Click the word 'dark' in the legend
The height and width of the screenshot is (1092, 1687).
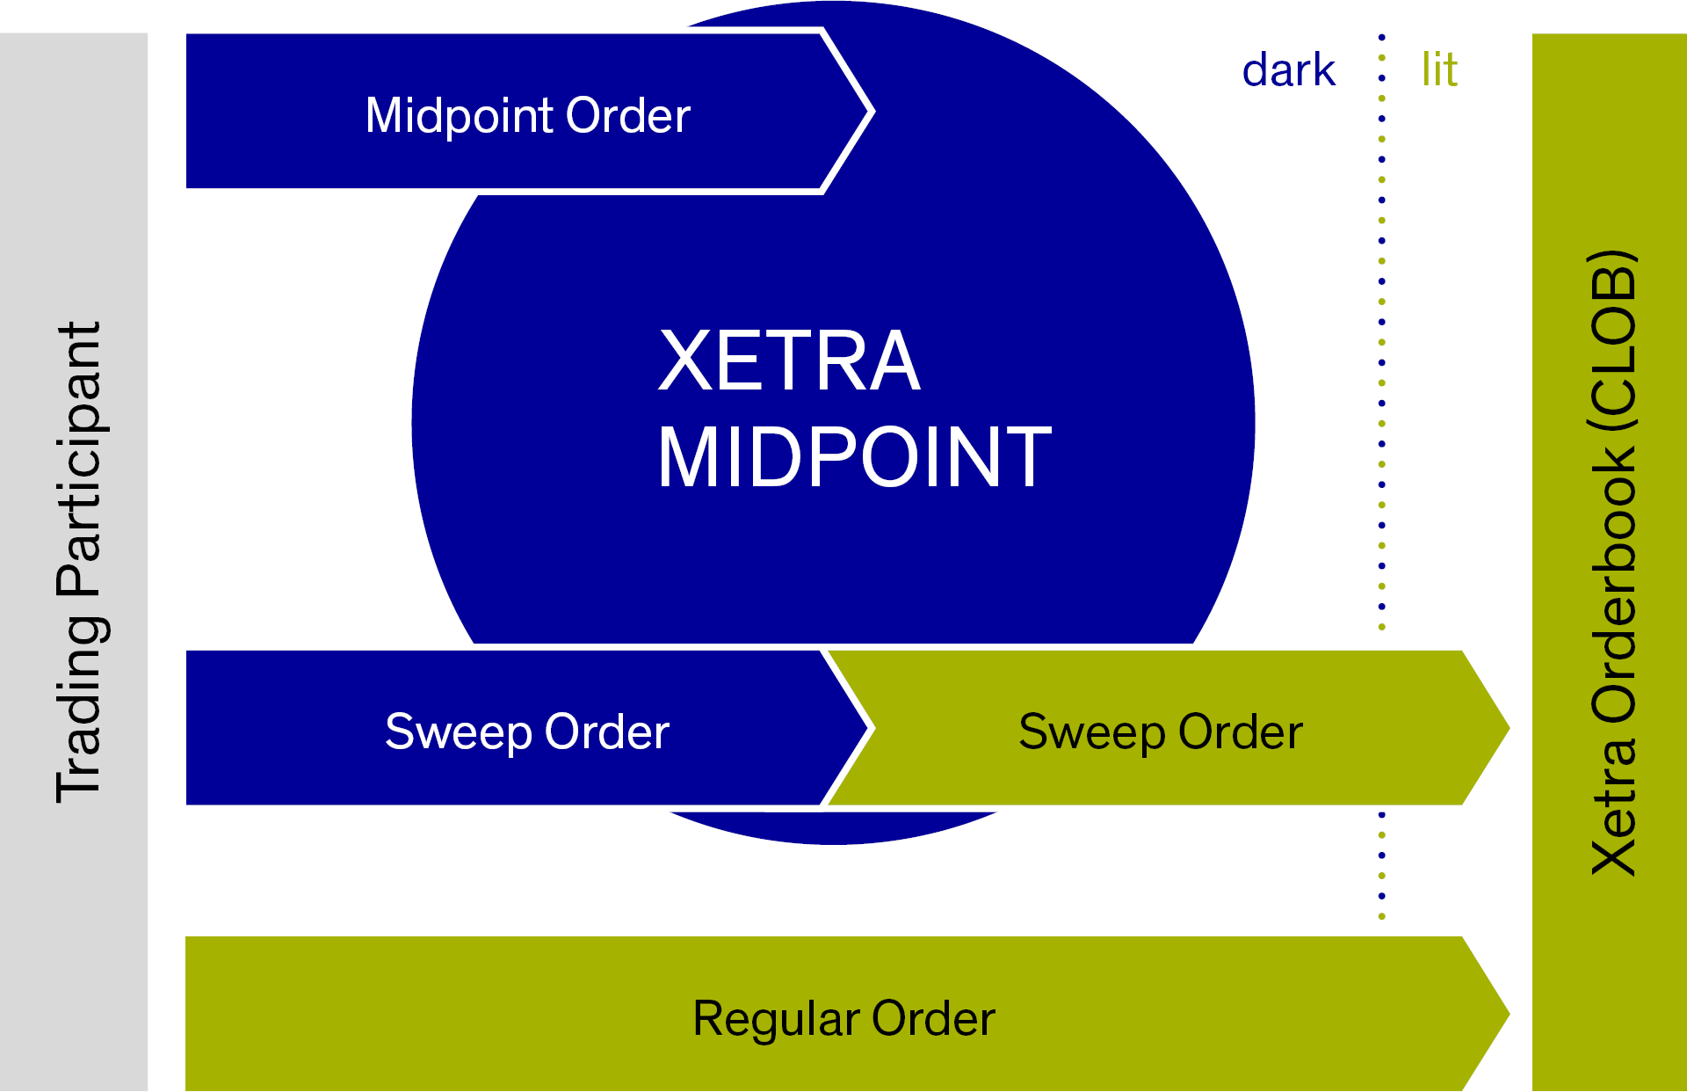[1288, 69]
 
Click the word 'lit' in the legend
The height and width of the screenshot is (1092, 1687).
[1439, 69]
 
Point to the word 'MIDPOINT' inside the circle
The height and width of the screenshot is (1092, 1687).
[854, 456]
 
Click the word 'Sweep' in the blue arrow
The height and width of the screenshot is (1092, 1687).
[459, 732]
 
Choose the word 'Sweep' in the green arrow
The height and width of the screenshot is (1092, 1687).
[1092, 732]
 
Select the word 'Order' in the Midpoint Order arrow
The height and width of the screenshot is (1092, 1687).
[627, 115]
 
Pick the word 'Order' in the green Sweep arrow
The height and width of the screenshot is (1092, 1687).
[1240, 732]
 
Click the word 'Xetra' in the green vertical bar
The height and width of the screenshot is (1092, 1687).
[1613, 805]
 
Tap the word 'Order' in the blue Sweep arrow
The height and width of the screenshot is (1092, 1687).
[606, 732]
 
